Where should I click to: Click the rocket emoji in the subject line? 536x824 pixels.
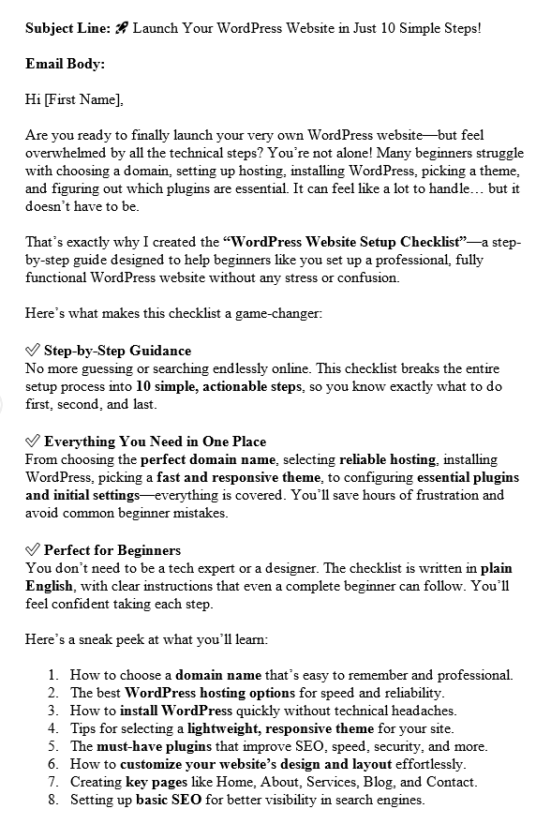click(121, 28)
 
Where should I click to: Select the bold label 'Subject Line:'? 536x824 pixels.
click(68, 29)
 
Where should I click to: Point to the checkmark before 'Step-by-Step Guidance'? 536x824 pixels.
click(32, 351)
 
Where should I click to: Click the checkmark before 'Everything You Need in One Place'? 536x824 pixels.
click(32, 442)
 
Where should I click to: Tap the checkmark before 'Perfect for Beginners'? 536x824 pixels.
click(32, 550)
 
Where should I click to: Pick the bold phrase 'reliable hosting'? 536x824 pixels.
click(387, 459)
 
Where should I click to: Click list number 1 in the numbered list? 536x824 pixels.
click(54, 675)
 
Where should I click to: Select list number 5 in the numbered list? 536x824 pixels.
click(54, 746)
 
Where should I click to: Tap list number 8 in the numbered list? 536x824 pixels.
click(54, 800)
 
